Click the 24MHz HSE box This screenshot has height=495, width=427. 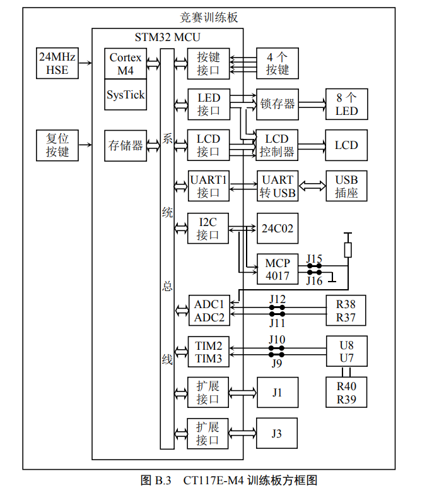click(x=57, y=64)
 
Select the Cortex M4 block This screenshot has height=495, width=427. click(x=125, y=64)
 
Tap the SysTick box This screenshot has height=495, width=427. click(x=125, y=95)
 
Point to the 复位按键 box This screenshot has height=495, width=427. click(x=57, y=145)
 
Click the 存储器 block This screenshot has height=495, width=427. click(x=125, y=145)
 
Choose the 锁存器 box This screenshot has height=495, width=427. click(x=278, y=104)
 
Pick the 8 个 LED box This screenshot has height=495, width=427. click(x=346, y=104)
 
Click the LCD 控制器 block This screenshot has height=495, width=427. click(x=278, y=145)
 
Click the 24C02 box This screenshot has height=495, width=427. click(x=278, y=229)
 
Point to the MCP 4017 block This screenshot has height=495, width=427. click(x=278, y=269)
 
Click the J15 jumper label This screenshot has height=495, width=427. click(x=314, y=258)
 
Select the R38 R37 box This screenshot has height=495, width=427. click(x=346, y=311)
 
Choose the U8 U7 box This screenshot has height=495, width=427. click(x=346, y=352)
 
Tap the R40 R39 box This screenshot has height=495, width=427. click(x=346, y=393)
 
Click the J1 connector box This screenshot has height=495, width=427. click(x=277, y=393)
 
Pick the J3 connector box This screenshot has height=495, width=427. click(x=277, y=434)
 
